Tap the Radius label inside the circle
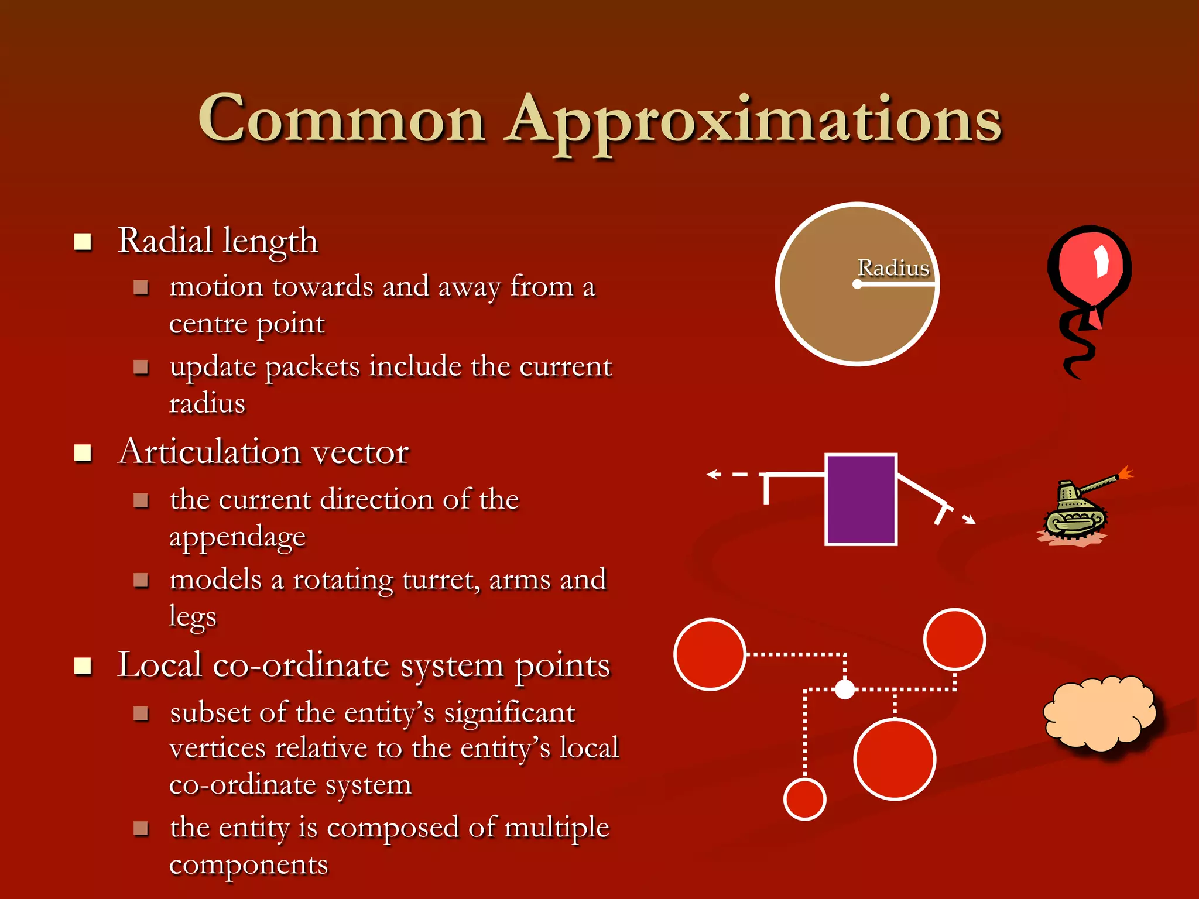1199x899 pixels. (x=893, y=268)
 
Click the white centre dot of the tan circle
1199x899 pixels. (x=857, y=284)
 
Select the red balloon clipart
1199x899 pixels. (x=1089, y=275)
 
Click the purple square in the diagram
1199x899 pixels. (x=861, y=499)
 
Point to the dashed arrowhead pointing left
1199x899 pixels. (x=712, y=474)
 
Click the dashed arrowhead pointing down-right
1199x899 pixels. (x=970, y=519)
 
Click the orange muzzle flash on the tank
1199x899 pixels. (x=1125, y=473)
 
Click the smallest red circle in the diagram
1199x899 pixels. (x=804, y=799)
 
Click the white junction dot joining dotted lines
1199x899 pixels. (x=844, y=689)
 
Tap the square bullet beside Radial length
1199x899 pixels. (x=83, y=241)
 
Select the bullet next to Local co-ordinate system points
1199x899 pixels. (x=83, y=665)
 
